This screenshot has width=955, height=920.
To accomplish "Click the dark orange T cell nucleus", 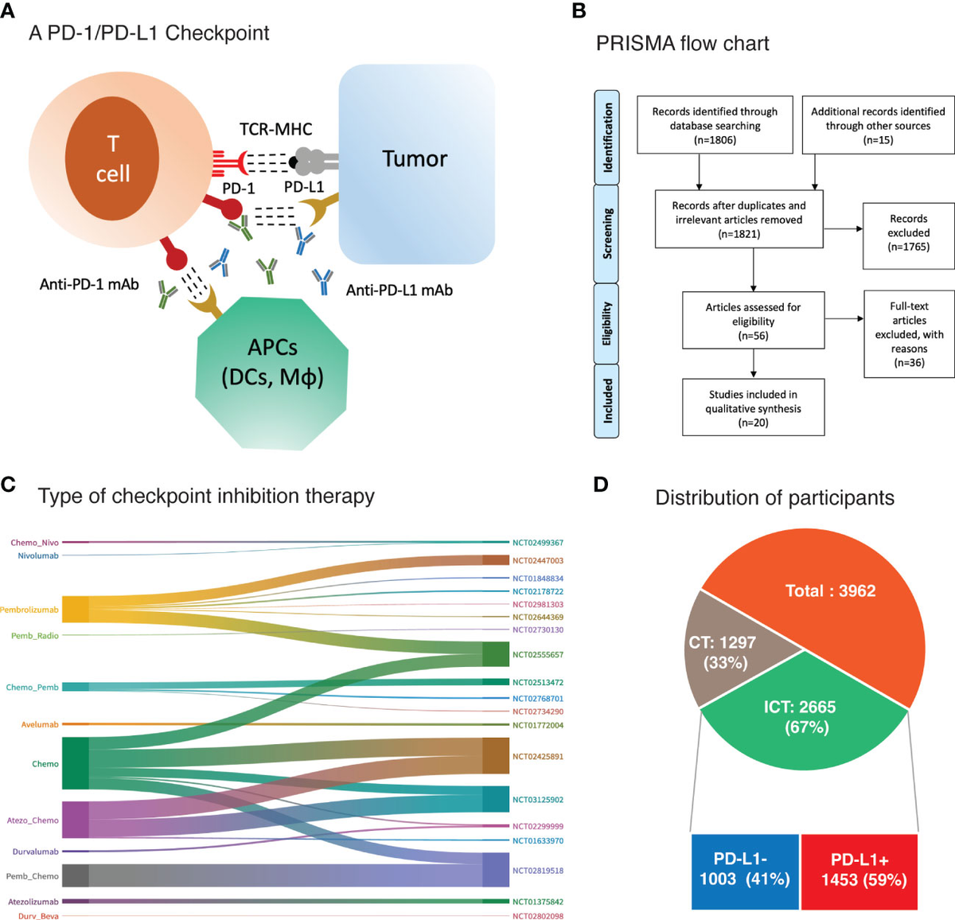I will [x=112, y=159].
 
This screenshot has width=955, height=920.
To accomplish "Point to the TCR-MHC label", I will [x=276, y=129].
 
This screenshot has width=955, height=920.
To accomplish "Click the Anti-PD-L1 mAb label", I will [x=399, y=290].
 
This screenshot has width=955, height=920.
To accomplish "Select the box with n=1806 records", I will [x=715, y=125].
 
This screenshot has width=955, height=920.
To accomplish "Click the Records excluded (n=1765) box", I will [x=908, y=232].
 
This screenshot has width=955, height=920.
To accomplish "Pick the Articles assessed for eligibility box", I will [x=753, y=321].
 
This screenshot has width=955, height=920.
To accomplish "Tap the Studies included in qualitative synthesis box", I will [x=753, y=407].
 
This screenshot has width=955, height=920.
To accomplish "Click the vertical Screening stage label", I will [x=606, y=234].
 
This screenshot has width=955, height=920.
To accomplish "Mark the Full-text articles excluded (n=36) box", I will [x=909, y=333].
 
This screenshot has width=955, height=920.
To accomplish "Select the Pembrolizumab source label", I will [x=29, y=610].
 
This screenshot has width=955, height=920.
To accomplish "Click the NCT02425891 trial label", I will [x=537, y=756].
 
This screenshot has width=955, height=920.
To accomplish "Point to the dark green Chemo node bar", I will [x=75, y=763].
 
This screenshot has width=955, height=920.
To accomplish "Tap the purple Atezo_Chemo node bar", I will [x=75, y=820].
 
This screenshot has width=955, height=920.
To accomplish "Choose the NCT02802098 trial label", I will [x=537, y=916].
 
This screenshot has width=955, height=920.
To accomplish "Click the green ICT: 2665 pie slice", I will [x=805, y=716].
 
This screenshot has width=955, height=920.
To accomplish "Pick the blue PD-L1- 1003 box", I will [x=745, y=871].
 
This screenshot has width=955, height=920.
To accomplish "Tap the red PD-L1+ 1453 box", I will [x=859, y=871].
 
